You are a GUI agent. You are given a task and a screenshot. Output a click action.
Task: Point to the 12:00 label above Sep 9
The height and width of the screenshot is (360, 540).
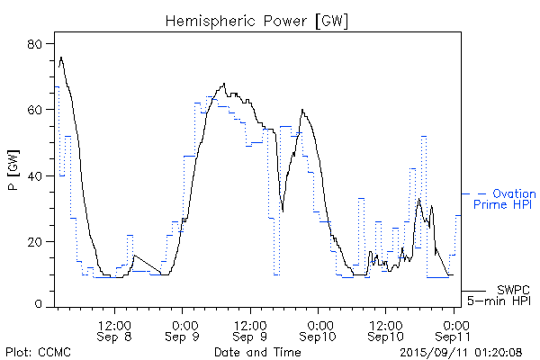(x=250, y=323)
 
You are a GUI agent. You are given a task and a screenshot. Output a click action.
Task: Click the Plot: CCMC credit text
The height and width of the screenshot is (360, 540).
(x=34, y=350)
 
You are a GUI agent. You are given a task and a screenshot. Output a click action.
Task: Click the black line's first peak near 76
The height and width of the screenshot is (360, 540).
(x=61, y=57)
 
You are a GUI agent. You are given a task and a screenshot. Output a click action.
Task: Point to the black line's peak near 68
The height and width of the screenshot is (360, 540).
(x=225, y=84)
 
